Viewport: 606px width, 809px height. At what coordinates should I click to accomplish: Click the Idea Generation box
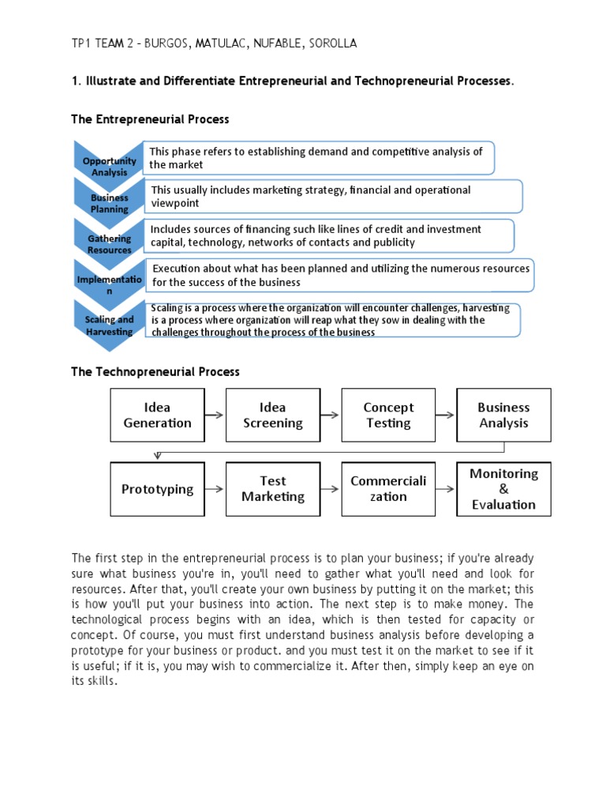click(157, 415)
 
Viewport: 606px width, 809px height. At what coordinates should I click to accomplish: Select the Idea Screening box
click(272, 415)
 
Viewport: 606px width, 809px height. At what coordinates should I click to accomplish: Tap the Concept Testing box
click(388, 415)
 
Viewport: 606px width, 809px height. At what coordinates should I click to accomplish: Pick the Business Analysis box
click(503, 415)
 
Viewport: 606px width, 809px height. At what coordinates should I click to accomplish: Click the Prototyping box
click(157, 489)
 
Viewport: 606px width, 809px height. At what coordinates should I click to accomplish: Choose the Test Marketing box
click(272, 489)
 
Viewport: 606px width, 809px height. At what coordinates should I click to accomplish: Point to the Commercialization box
click(388, 489)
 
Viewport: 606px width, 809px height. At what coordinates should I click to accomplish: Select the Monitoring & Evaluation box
click(503, 489)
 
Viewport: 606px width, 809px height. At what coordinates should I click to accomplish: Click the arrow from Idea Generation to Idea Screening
click(215, 415)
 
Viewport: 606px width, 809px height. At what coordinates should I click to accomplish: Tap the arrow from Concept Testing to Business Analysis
click(446, 415)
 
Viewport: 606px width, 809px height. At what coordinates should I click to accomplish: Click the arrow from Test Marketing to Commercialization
click(331, 489)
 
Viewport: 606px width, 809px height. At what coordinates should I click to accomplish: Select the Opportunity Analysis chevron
click(108, 165)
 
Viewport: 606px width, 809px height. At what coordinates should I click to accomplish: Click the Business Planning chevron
click(109, 203)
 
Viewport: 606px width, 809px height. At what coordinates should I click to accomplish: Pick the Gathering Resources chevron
click(109, 243)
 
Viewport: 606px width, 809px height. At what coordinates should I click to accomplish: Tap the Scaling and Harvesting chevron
click(109, 325)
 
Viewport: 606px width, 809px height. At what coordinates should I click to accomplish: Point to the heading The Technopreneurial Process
click(155, 371)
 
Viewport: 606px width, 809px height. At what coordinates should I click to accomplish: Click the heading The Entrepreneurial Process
click(150, 119)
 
